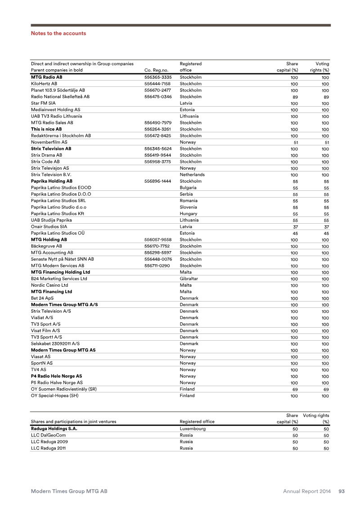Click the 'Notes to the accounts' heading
click(x=58, y=33)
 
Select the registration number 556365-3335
click(x=157, y=77)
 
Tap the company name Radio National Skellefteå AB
click(x=60, y=97)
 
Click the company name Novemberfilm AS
click(x=49, y=142)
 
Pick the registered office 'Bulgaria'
click(x=188, y=188)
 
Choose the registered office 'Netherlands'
click(x=192, y=175)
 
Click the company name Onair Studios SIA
click(x=49, y=227)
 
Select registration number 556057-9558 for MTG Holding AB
click(x=157, y=240)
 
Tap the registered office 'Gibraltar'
click(x=189, y=279)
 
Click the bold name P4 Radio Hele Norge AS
click(x=56, y=376)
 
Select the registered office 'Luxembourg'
click(x=193, y=429)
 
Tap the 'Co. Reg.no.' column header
click(x=156, y=70)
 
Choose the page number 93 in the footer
click(x=342, y=491)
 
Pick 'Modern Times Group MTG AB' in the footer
click(x=69, y=491)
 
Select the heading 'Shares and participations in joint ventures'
click(x=73, y=422)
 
